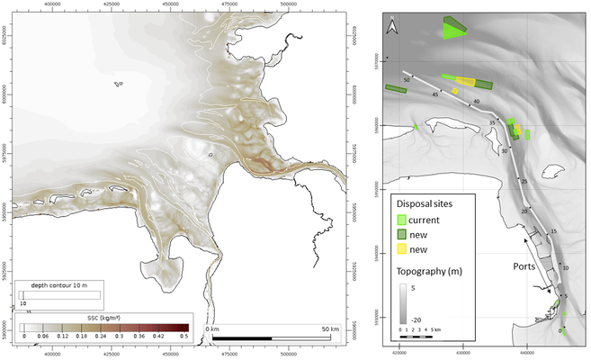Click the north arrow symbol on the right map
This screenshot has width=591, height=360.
click(x=391, y=26)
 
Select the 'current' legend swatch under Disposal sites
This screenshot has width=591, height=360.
click(x=403, y=219)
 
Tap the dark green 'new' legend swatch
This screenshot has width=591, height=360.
click(x=403, y=233)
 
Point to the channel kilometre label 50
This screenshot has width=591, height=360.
click(x=407, y=81)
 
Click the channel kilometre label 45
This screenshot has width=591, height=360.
click(x=435, y=94)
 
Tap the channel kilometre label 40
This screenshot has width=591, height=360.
click(x=476, y=101)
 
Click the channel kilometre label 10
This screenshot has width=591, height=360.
click(x=565, y=267)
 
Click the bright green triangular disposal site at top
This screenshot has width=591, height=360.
click(x=453, y=30)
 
